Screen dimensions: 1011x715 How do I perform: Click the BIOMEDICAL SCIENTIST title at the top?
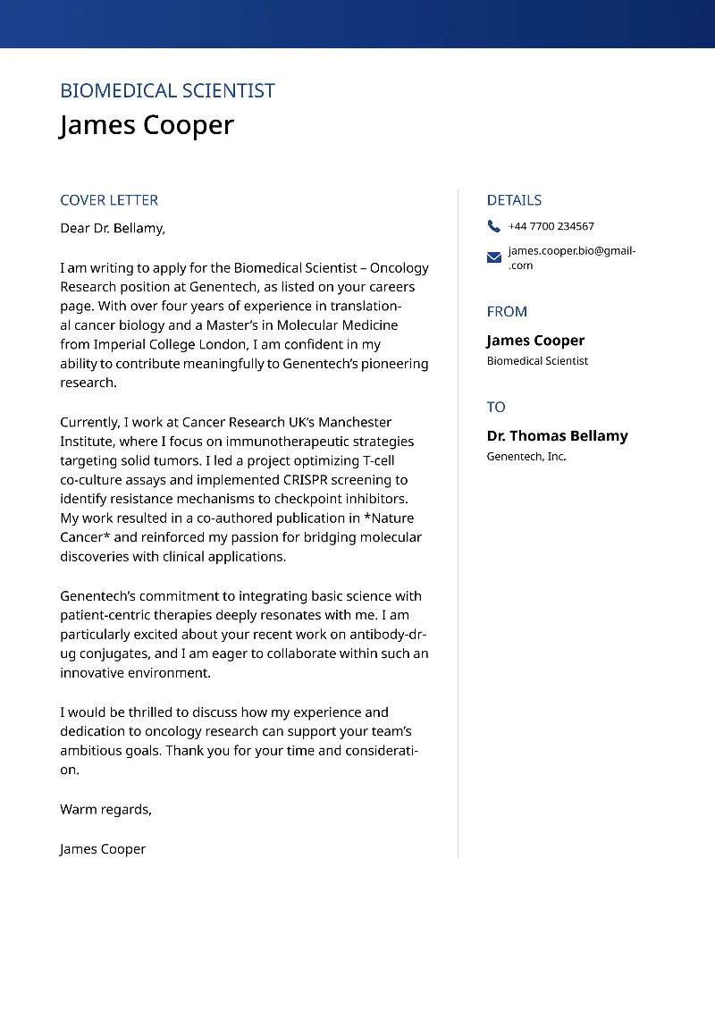[x=167, y=90]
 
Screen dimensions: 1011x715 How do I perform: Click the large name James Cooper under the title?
[x=147, y=125]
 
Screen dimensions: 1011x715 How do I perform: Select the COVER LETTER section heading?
[x=109, y=200]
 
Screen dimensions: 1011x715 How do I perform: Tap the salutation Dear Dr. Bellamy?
[x=113, y=228]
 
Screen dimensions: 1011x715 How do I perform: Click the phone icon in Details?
[x=494, y=226]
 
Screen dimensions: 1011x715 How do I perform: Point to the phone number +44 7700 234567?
[x=551, y=226]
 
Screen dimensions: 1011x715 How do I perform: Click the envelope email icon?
[x=494, y=257]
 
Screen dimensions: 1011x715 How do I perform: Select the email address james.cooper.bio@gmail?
[x=571, y=251]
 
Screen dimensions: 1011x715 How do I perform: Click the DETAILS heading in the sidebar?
[x=514, y=200]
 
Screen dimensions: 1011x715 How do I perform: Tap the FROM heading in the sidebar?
[x=507, y=311]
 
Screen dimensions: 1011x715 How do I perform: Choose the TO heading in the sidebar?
[x=496, y=407]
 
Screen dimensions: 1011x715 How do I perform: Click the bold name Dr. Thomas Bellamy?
[x=557, y=435]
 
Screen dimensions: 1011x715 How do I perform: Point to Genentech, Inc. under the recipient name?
[x=526, y=457]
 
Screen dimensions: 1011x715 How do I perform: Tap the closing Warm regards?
[x=105, y=809]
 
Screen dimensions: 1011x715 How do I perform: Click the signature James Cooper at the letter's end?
[x=103, y=849]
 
